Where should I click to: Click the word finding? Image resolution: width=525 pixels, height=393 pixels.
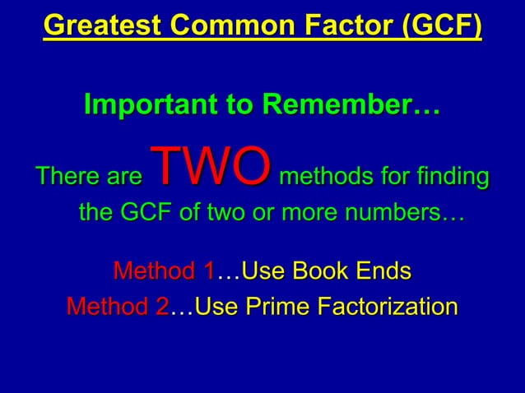point(446,178)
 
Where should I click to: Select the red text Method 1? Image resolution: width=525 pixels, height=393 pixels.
point(163,270)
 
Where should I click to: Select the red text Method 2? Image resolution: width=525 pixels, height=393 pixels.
point(118,307)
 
